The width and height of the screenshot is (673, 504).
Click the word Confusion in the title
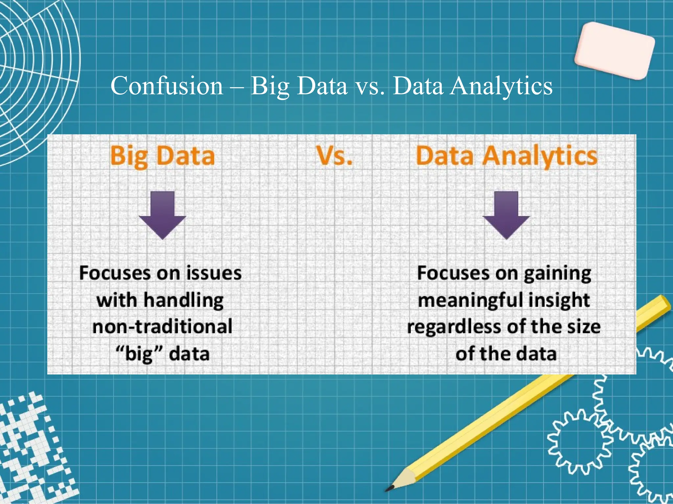[x=167, y=86]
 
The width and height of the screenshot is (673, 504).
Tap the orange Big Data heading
[x=162, y=156]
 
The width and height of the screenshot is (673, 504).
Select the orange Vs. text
[x=334, y=156]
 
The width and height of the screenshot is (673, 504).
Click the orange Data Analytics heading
[x=506, y=156]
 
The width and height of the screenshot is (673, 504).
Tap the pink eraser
[x=615, y=51]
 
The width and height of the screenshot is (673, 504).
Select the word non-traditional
[x=162, y=327]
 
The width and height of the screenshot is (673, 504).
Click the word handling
[x=183, y=300]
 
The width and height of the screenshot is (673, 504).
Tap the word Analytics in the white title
[x=501, y=86]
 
